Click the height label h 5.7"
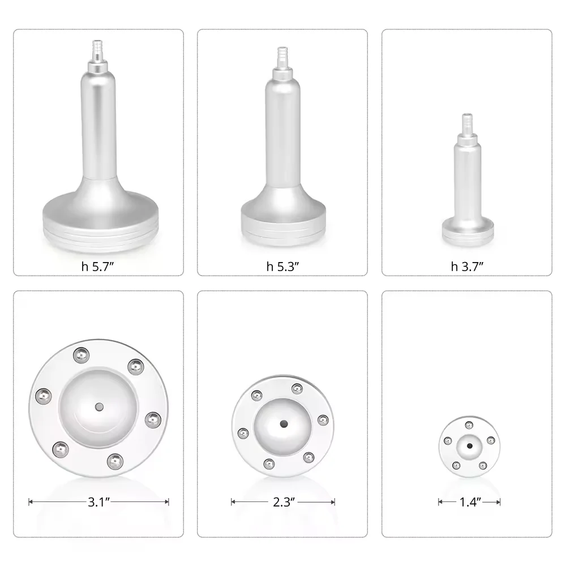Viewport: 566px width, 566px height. [x=98, y=267]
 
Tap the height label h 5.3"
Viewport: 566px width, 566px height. [x=282, y=267]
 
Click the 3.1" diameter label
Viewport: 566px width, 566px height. [x=98, y=501]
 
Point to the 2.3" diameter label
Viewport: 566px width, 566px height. [x=282, y=501]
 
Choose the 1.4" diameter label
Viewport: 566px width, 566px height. [x=469, y=501]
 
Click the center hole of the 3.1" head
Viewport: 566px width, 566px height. [x=98, y=406]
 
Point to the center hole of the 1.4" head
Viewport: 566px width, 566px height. [x=469, y=446]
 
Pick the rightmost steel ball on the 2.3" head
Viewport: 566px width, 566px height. [x=323, y=419]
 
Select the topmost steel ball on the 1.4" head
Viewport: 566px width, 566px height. [x=469, y=425]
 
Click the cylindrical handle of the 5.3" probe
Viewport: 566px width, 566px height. [x=282, y=130]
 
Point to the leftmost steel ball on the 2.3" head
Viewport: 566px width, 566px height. [x=243, y=434]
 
